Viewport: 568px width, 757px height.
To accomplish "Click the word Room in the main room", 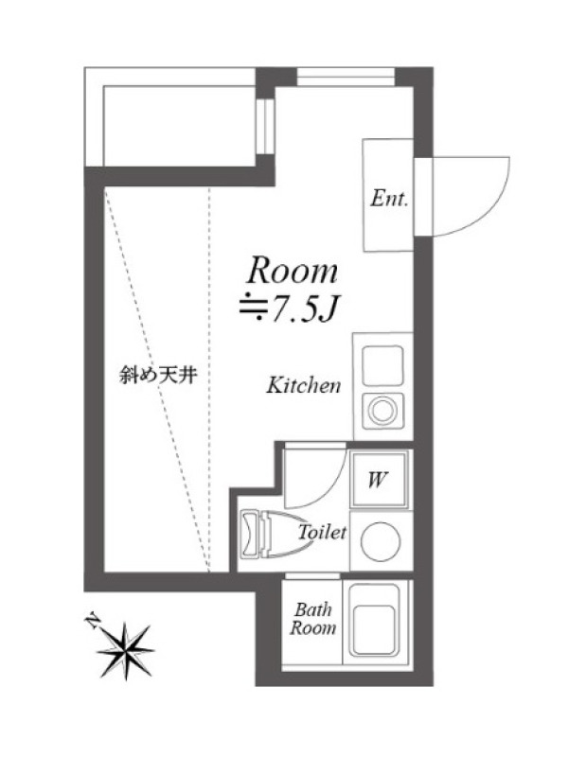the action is pyautogui.click(x=292, y=271).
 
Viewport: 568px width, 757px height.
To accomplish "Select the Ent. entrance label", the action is pyautogui.click(x=389, y=198).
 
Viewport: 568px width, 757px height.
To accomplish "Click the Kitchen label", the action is pyautogui.click(x=304, y=385).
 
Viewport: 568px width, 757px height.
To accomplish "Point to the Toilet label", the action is pyautogui.click(x=322, y=532).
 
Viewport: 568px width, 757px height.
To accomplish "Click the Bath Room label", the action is pyautogui.click(x=313, y=619).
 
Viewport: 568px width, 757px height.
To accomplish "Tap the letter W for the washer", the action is pyautogui.click(x=377, y=480).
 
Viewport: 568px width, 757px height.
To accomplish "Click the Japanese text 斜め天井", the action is pyautogui.click(x=158, y=375).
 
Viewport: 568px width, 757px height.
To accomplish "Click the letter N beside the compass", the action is pyautogui.click(x=92, y=621).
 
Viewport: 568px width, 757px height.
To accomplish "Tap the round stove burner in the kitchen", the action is pyautogui.click(x=382, y=411).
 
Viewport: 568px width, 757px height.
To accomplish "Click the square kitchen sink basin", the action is pyautogui.click(x=382, y=365).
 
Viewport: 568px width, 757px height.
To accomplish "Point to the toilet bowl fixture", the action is pyautogui.click(x=275, y=534).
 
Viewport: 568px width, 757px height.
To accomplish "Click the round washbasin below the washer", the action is pyautogui.click(x=381, y=541).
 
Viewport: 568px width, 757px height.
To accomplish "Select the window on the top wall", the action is pyautogui.click(x=346, y=77).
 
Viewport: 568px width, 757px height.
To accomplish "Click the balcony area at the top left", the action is pyautogui.click(x=169, y=116).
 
